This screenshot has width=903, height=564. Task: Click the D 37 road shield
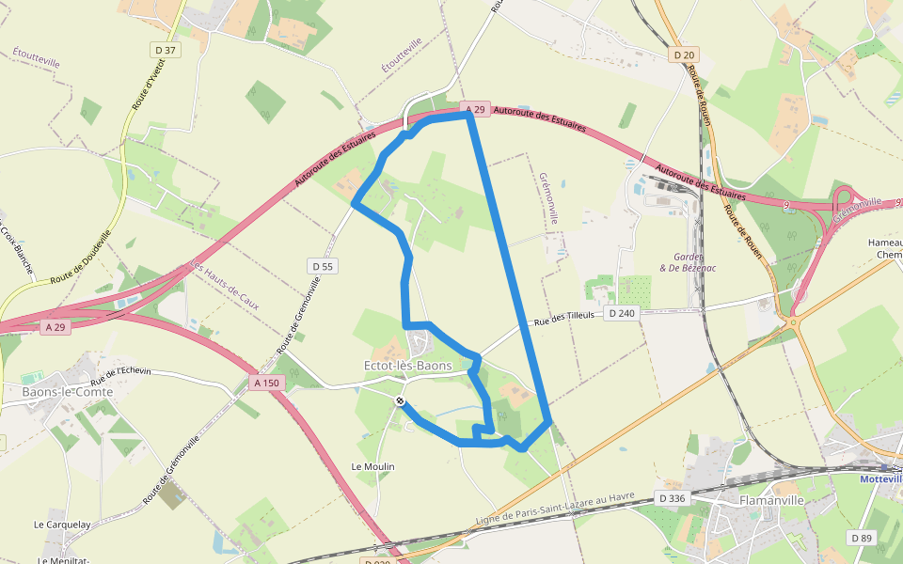[x=165, y=50]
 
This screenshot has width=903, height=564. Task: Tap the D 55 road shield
[x=322, y=267]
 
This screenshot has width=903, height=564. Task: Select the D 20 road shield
[x=683, y=55]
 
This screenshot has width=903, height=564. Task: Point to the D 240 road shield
[x=622, y=313]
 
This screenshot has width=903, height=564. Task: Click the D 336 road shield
[x=672, y=497]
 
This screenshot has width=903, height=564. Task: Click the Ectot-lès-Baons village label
[x=407, y=365]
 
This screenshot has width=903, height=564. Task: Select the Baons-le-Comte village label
[x=67, y=391]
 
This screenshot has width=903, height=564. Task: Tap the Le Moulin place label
[x=372, y=466]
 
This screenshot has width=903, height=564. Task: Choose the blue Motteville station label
[x=881, y=478]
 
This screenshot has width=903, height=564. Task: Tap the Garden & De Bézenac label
[x=695, y=262]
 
